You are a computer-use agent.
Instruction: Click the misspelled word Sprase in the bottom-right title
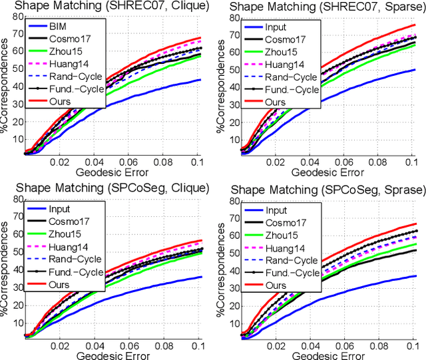(x=397, y=190)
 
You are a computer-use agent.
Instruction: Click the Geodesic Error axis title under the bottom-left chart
(x=110, y=353)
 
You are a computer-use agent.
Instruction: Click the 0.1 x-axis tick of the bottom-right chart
(x=417, y=345)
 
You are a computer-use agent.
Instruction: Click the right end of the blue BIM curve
(x=202, y=80)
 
